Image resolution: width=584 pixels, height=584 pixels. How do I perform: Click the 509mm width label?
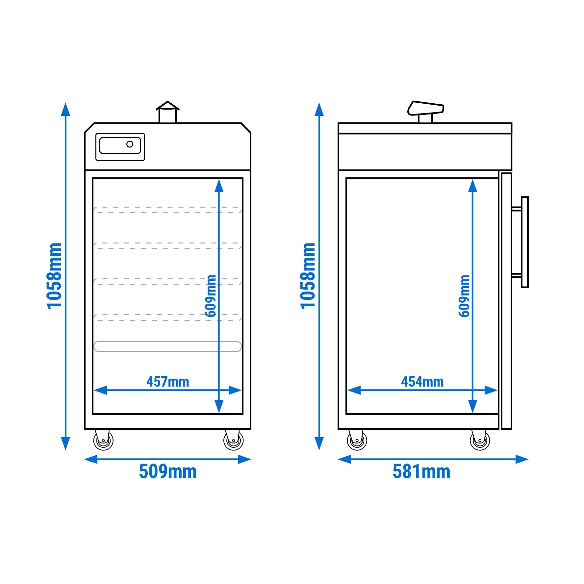(x=168, y=471)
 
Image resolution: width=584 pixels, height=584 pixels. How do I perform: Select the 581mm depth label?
(x=421, y=471)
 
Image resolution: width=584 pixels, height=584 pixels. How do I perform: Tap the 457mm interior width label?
(x=168, y=382)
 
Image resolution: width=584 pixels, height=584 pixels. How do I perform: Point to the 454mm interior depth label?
(x=422, y=382)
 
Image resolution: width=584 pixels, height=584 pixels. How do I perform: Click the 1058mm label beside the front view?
(x=54, y=276)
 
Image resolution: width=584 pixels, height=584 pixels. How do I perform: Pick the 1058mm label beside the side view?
(x=308, y=276)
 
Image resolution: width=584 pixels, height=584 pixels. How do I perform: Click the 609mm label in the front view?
(x=211, y=296)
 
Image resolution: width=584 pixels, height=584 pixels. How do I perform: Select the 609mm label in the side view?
(x=464, y=296)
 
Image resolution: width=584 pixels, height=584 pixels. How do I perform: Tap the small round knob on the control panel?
(x=130, y=144)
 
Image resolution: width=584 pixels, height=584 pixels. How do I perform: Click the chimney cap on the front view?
(x=168, y=106)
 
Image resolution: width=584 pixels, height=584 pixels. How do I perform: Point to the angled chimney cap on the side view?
(x=426, y=108)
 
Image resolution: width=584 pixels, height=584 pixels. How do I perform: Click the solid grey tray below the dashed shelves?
(x=168, y=346)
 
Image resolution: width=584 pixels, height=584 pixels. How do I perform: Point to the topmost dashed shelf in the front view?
(x=168, y=210)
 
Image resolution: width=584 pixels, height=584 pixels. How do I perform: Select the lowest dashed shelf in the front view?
(x=168, y=317)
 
